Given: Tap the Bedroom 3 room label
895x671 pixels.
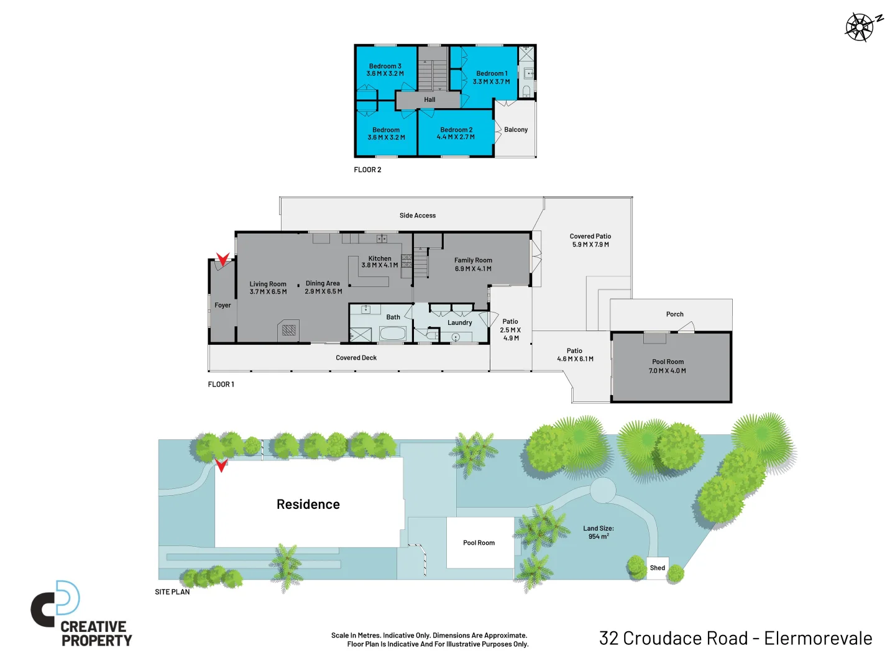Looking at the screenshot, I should click(x=385, y=66).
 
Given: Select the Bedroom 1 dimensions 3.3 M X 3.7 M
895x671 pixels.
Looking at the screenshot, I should click(x=491, y=82).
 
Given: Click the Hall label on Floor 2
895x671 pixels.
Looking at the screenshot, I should click(x=429, y=99).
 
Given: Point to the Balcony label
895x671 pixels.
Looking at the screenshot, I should click(x=515, y=130).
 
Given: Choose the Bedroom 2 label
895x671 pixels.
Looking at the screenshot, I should click(x=456, y=130).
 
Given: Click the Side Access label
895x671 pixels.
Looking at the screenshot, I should click(x=417, y=216).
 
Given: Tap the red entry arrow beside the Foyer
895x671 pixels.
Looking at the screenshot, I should click(x=223, y=259).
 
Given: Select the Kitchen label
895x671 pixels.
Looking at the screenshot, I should click(x=380, y=258).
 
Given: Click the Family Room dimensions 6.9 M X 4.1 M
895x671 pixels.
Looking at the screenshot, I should click(x=473, y=269).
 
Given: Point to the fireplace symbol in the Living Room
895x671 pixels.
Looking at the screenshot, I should click(x=289, y=330).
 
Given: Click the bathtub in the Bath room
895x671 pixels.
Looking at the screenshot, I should click(x=392, y=334).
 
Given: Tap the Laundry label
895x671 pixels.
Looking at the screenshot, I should click(x=459, y=323).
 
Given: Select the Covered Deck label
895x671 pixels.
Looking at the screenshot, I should click(x=356, y=358).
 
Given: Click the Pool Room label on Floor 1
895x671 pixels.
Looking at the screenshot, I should click(x=668, y=362).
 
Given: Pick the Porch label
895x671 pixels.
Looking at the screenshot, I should click(x=674, y=314).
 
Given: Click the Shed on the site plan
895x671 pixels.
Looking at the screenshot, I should click(x=657, y=568).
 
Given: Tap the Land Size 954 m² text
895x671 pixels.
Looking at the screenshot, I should click(x=598, y=532).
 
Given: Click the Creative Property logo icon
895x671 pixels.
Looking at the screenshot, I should click(x=56, y=603).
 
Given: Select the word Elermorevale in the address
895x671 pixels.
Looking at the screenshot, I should click(x=818, y=639).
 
